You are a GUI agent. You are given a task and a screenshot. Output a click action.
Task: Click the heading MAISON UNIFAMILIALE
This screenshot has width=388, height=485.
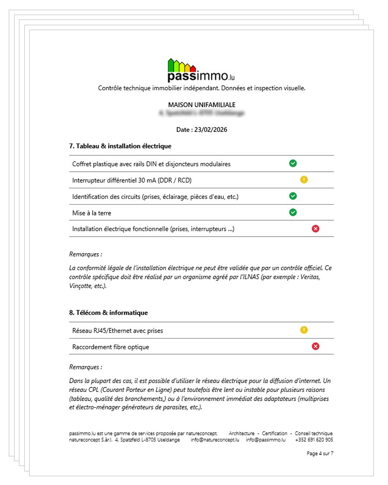[x=201, y=105]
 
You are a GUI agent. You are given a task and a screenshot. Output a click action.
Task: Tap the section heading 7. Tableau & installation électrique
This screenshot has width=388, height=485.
[x=120, y=145]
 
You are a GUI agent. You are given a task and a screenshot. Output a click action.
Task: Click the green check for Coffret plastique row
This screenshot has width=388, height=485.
[x=293, y=163]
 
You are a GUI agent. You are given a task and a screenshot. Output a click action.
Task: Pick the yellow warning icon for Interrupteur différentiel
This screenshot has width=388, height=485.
[x=304, y=180]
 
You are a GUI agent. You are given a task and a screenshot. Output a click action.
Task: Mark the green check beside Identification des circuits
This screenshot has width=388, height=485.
[x=293, y=196]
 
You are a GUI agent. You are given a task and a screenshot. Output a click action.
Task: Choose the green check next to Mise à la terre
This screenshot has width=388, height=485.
[x=293, y=212]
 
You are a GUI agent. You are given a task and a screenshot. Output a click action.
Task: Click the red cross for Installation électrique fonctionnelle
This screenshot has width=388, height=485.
[x=316, y=228]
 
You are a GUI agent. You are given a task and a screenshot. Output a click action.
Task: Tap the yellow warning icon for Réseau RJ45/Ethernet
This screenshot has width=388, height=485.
[x=304, y=330]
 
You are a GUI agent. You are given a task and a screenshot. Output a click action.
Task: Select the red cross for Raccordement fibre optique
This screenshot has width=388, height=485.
[x=316, y=346]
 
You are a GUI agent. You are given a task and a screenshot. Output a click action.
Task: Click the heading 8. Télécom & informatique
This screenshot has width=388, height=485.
[x=109, y=312]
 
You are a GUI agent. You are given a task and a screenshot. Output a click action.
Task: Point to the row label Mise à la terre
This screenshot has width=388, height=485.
[x=95, y=212]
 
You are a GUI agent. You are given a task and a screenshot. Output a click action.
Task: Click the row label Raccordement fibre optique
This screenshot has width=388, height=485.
[x=111, y=347]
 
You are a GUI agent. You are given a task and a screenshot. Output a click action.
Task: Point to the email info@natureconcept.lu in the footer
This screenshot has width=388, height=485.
[x=215, y=440]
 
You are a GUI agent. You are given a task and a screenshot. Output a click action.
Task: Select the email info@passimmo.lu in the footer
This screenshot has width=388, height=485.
[x=265, y=440]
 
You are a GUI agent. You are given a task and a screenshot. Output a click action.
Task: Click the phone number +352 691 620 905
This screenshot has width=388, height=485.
[x=314, y=440]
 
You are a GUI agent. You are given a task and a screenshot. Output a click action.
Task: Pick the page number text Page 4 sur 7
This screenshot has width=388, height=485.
[x=320, y=453]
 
